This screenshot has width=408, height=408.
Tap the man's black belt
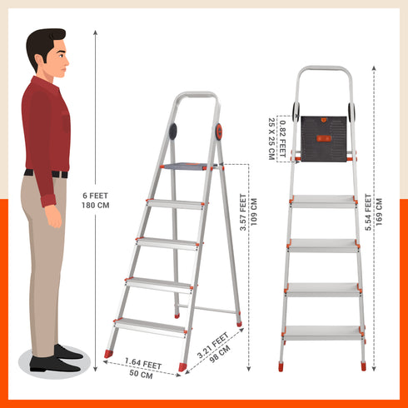pyautogui.click(x=46, y=173)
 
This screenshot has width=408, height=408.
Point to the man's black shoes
pyautogui.click(x=58, y=358)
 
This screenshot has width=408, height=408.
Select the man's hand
pyautogui.click(x=52, y=216)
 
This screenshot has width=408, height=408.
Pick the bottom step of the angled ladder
pyautogui.click(x=150, y=324)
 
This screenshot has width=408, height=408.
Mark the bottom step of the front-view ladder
pyautogui.click(x=323, y=331)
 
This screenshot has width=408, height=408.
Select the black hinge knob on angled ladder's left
pyautogui.click(x=172, y=131)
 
